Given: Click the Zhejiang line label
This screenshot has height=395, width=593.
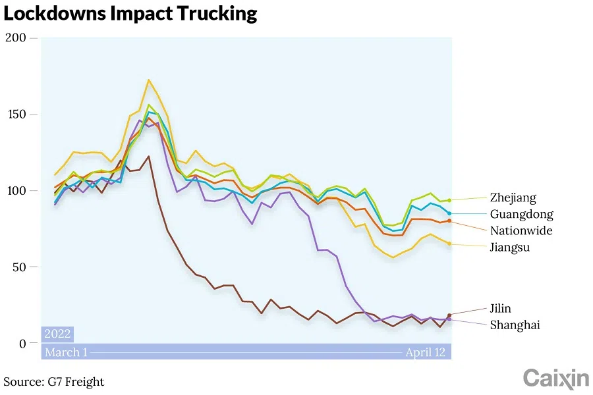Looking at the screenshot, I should point(513,197).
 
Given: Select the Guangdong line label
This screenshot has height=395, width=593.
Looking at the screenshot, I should point(521,214).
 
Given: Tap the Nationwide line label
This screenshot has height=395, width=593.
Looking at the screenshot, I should point(521,230).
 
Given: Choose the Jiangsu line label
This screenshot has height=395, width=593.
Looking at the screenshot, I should point(509,248).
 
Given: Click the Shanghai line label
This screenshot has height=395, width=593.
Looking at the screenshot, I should point(515,325).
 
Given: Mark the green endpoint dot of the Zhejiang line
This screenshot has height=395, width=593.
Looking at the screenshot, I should point(449,200).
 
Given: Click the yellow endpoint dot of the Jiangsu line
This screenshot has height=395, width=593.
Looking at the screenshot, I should point(449,244).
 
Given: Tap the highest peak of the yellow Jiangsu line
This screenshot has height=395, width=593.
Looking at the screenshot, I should point(149,80).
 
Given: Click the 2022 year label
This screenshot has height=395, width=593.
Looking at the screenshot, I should point(57,334).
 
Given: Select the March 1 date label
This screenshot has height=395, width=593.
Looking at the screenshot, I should point(66,352).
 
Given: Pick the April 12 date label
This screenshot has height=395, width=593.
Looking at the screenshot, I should point(425,352).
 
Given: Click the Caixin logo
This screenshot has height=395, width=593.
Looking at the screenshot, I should point(555,379).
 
